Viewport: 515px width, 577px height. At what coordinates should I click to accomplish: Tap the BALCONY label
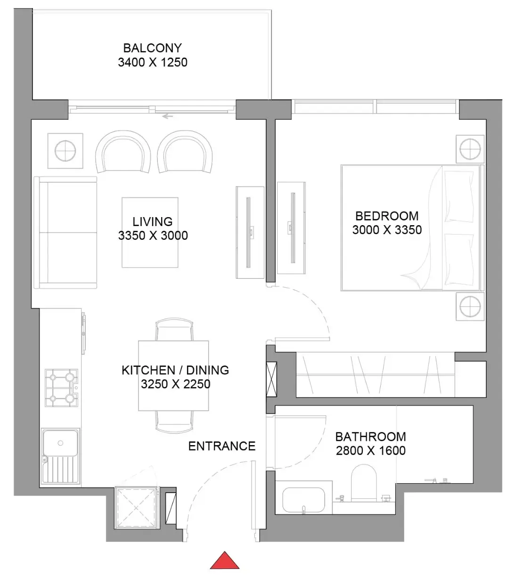152,48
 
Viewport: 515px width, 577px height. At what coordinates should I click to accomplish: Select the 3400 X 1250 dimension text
153,62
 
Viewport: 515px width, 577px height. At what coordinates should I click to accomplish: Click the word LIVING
152,221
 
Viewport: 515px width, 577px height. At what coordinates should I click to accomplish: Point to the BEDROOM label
387,216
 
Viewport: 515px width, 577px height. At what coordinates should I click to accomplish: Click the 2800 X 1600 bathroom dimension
371,451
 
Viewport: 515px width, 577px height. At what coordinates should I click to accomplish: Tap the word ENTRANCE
221,446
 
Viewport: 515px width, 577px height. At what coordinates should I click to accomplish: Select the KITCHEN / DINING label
175,370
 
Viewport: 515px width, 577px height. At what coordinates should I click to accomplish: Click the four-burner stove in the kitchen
61,388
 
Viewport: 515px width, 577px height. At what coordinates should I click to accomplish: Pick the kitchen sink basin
60,443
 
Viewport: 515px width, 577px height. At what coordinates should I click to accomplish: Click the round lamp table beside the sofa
65,151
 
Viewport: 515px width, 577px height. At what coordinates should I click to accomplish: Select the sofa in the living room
65,232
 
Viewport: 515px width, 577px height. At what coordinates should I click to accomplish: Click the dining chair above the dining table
174,329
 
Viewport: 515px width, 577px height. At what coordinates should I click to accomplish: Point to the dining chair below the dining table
174,422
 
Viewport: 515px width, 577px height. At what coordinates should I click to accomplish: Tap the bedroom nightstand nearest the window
470,149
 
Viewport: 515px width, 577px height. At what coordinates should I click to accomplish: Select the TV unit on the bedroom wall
291,228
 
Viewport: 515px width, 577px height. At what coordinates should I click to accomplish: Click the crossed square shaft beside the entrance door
136,508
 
